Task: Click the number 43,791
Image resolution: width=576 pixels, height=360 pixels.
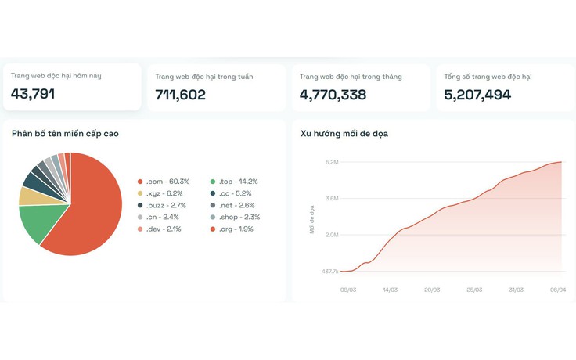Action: [x=33, y=94]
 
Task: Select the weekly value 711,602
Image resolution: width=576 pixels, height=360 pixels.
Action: [x=180, y=95]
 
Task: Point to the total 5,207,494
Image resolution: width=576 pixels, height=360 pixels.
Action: [x=477, y=95]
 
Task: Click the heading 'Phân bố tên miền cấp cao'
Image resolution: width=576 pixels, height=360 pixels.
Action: [x=65, y=134]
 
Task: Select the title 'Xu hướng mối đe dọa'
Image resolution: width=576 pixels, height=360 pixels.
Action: [x=344, y=134]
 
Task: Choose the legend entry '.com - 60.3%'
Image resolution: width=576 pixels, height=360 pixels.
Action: [x=167, y=182]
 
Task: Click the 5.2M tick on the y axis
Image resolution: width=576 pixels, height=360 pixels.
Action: [x=331, y=163]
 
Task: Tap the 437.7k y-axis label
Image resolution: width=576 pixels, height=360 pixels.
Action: [x=329, y=272]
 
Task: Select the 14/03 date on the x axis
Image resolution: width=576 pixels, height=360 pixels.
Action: [x=390, y=289]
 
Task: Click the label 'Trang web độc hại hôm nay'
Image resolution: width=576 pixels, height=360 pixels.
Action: [x=56, y=76]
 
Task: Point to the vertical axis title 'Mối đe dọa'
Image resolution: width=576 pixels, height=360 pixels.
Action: [x=311, y=219]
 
